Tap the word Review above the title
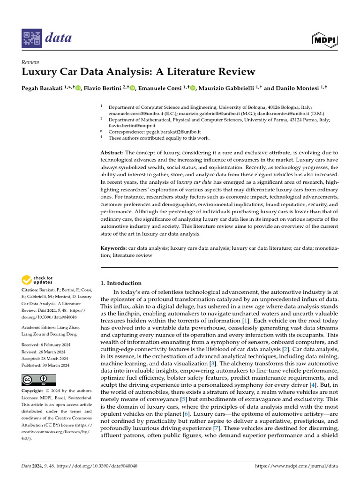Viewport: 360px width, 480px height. tap(30, 62)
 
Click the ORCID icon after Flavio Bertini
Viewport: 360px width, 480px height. tap(133, 88)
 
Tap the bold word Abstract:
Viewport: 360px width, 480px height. tap(112, 153)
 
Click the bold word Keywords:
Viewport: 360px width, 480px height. tap(114, 247)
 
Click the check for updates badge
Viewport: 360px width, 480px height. tap(37, 281)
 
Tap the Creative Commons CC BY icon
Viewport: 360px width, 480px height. tap(38, 379)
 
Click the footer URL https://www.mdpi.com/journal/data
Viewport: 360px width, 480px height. tap(296, 466)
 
